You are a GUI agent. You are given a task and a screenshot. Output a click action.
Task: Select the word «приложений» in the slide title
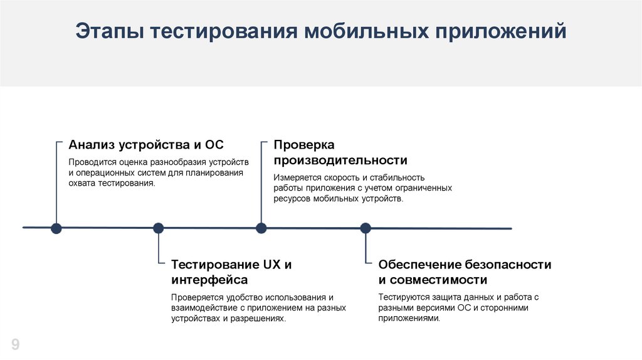[x=497, y=31]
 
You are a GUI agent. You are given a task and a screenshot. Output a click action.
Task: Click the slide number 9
[x=15, y=344]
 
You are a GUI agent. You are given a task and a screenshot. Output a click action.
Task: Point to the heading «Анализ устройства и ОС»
[x=146, y=145]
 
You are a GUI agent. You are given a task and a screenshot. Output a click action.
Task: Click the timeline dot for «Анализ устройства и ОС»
[x=56, y=228]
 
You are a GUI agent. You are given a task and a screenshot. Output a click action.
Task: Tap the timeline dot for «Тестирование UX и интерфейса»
[x=159, y=228]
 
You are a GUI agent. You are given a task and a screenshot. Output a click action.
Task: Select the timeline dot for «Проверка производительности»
[x=261, y=228]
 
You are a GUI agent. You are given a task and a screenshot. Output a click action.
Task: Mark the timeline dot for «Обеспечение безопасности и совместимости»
[x=365, y=228]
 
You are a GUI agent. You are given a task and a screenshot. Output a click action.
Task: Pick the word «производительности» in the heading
[x=340, y=160]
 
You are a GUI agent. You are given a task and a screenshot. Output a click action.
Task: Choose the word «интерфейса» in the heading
[x=209, y=280]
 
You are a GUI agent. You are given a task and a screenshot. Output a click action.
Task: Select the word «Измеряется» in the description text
[x=297, y=177]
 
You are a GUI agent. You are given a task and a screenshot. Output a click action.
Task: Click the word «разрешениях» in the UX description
[x=259, y=319]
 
